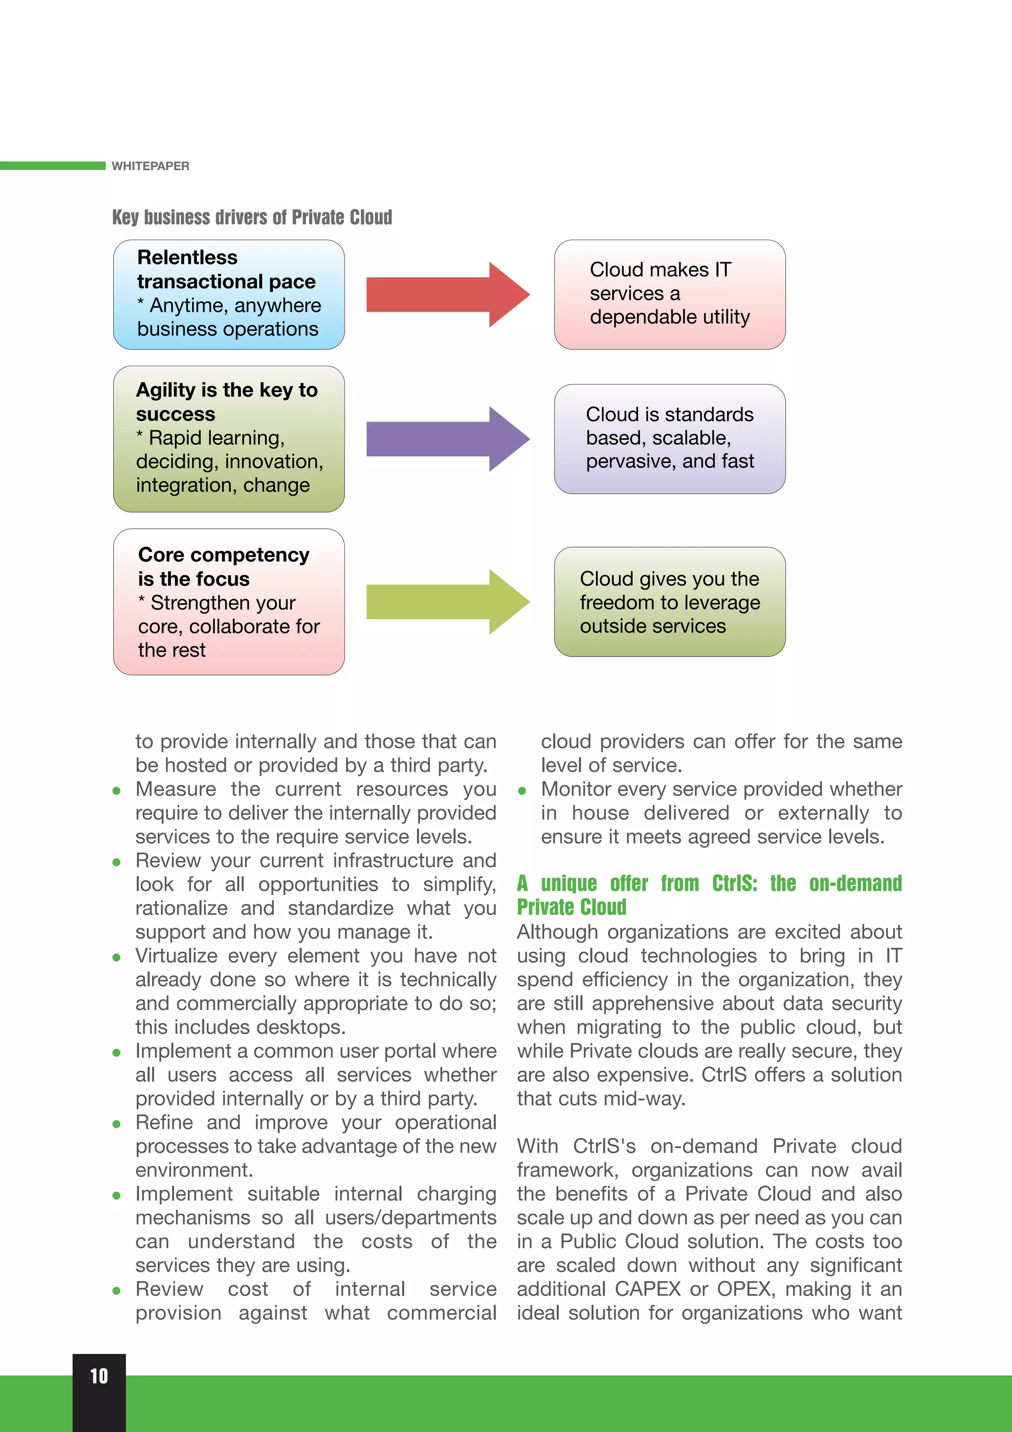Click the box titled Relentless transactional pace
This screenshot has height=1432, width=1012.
(229, 295)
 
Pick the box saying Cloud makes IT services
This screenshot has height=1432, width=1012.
(670, 295)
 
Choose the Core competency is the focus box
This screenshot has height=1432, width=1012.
(229, 602)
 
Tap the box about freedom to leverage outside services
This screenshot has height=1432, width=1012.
(670, 602)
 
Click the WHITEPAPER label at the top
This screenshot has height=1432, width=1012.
(150, 166)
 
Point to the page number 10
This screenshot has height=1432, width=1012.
(99, 1376)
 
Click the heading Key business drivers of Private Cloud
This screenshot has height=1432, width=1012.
(252, 217)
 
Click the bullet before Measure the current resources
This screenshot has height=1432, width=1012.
(117, 791)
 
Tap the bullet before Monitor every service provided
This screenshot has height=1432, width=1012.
(522, 791)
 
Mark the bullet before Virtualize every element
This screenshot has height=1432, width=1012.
(117, 957)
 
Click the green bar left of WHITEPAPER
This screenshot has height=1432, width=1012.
(52, 166)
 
